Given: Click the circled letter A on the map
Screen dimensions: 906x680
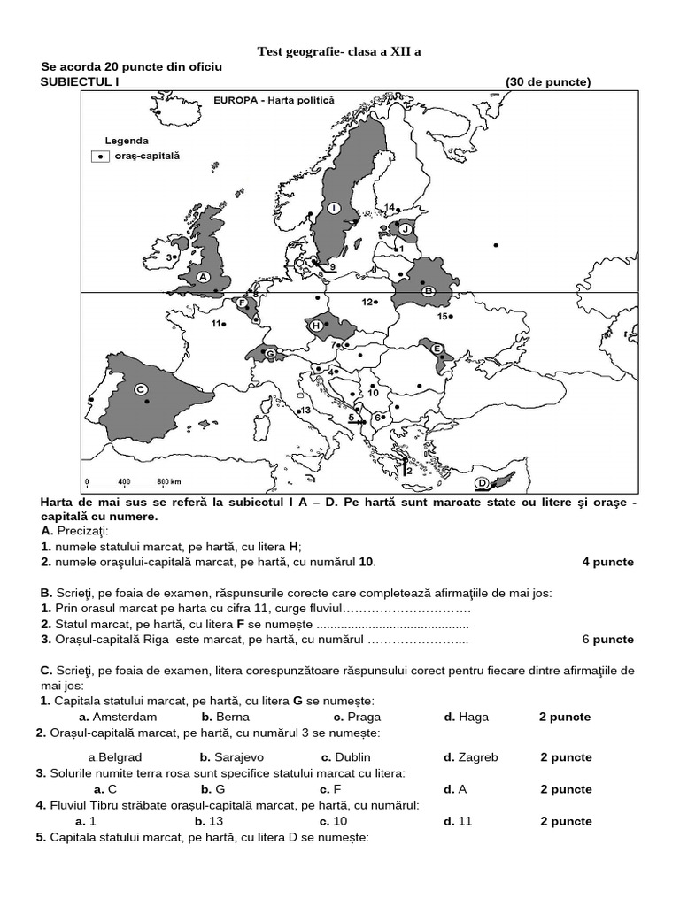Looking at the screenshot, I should tap(202, 276).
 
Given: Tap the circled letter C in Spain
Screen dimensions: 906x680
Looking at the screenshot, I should tap(140, 388).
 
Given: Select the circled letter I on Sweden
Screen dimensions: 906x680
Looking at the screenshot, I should tap(334, 208).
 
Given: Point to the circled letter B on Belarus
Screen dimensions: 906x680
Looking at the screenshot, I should tap(427, 290).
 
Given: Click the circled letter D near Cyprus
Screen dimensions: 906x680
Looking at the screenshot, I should tap(482, 482).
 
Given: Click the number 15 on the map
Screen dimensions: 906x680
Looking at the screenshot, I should tap(442, 316).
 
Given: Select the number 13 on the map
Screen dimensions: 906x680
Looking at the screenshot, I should tap(305, 410).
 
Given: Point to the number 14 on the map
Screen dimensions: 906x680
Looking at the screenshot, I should tap(389, 208).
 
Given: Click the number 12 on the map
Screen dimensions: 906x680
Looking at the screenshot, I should tap(367, 302).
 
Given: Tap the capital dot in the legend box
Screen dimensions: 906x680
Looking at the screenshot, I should tap(101, 156).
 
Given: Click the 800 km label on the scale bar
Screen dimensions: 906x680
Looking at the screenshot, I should tap(168, 482).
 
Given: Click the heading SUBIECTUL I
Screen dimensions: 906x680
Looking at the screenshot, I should tap(80, 82).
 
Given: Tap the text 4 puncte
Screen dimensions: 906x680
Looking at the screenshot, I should tap(607, 562).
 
